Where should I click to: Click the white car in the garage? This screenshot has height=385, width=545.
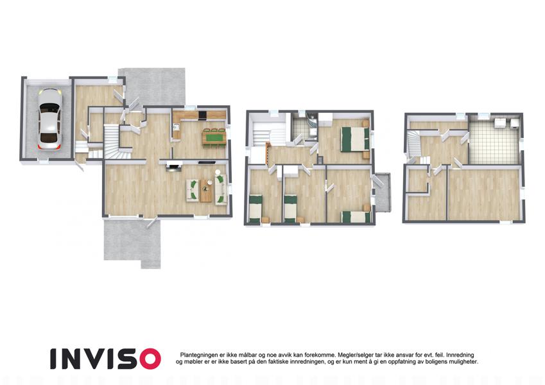49,119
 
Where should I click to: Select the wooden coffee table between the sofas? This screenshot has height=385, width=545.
205,190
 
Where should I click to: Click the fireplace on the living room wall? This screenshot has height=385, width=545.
174,167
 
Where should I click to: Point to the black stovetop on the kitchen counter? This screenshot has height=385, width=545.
202,115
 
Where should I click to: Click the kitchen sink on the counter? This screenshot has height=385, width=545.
176,127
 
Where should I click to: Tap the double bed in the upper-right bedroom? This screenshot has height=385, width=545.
354,139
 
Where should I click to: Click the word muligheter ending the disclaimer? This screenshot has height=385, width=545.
463,362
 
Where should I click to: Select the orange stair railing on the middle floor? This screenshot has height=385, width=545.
268,153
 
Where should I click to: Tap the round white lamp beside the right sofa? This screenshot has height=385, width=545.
218,172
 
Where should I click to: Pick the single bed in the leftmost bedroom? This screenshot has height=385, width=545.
255,209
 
